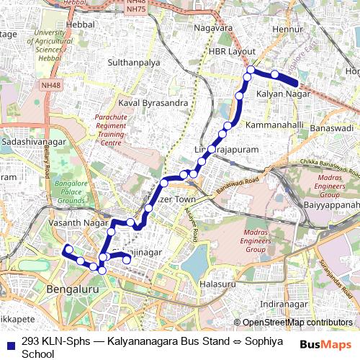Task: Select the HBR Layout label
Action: (x=232, y=53)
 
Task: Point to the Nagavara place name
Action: (x=216, y=28)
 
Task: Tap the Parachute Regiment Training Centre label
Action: (x=110, y=130)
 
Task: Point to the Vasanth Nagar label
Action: (x=72, y=224)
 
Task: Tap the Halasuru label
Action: (x=217, y=284)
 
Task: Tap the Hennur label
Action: (x=285, y=30)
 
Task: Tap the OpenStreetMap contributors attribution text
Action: (x=297, y=323)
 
